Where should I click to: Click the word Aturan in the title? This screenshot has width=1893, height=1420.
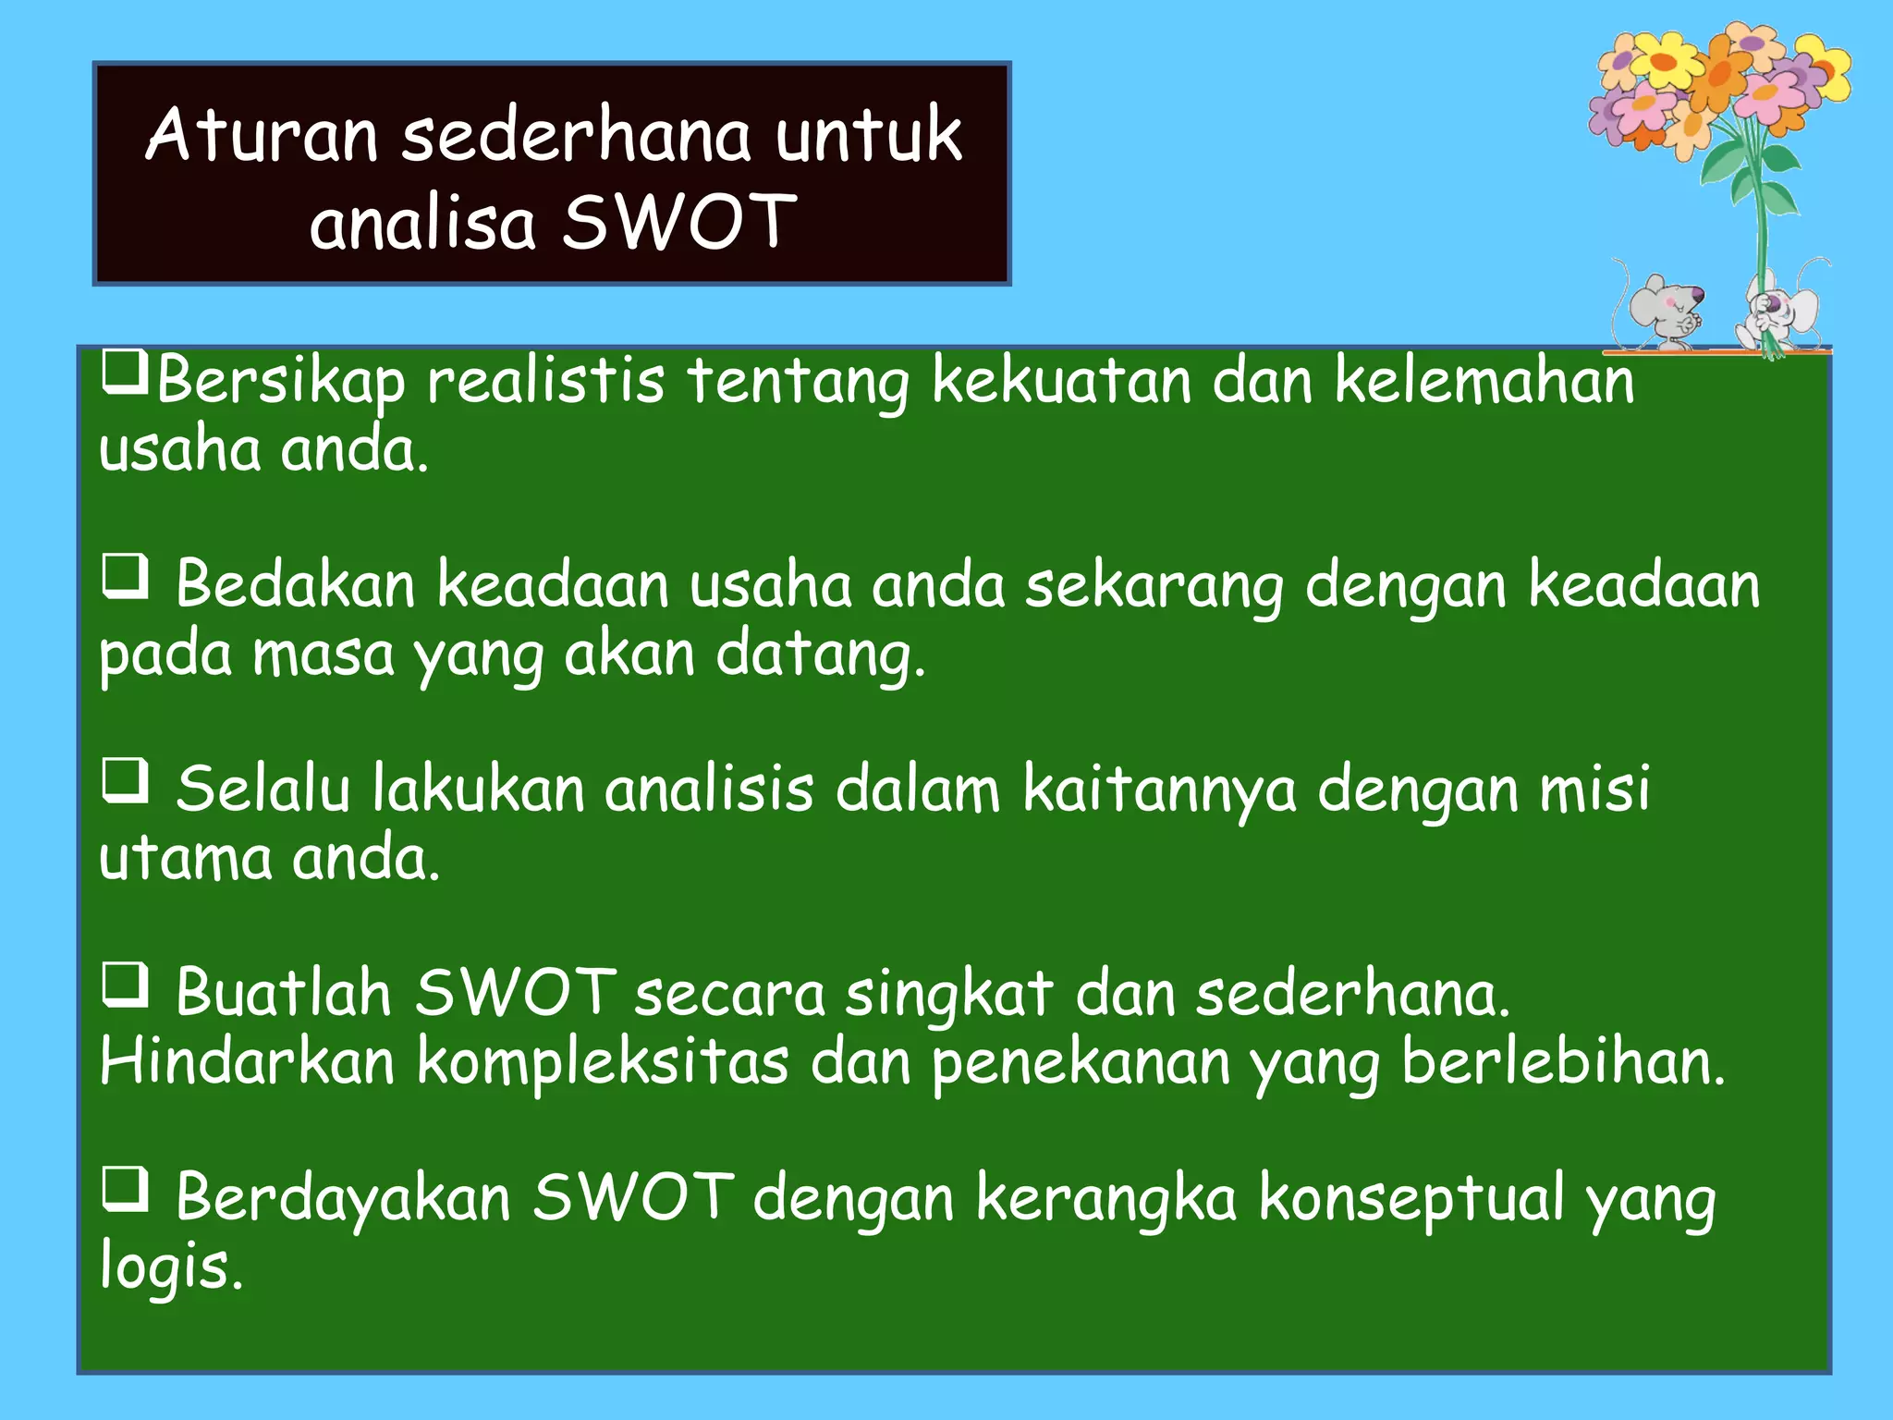point(262,136)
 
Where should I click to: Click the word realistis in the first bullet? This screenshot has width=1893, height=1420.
point(545,381)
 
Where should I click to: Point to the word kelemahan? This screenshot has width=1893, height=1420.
point(1484,381)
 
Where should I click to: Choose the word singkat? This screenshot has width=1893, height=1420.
point(949,996)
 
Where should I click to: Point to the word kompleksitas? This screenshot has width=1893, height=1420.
point(603,1063)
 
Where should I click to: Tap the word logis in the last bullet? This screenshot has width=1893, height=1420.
point(170,1267)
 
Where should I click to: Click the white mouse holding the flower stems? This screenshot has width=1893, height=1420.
point(1779,310)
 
